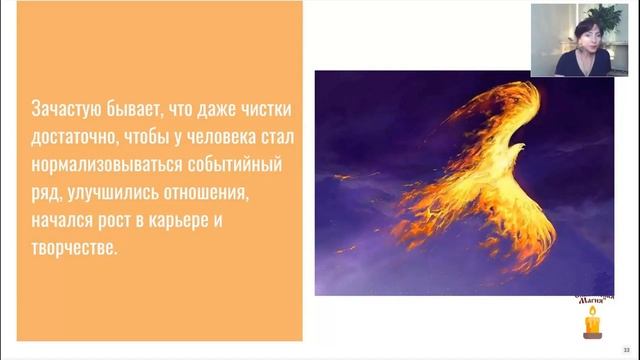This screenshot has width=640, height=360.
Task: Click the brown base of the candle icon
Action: point(592,334)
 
